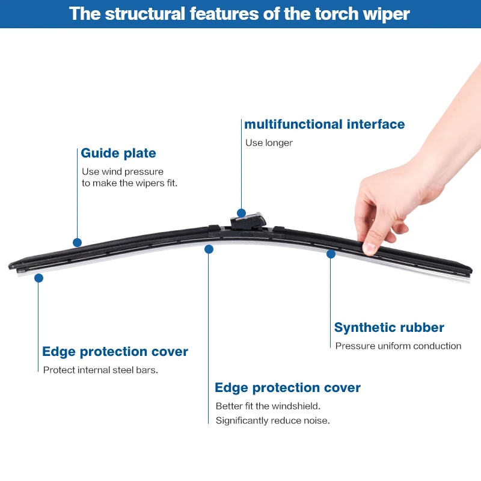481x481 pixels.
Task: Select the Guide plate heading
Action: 118,153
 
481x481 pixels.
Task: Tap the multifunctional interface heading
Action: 324,124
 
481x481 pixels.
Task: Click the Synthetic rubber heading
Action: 389,328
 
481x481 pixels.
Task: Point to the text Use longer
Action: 269,143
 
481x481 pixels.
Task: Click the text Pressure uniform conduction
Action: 398,346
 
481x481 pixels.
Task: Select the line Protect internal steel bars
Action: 100,370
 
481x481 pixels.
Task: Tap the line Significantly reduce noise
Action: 272,420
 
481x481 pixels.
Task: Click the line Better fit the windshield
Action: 268,406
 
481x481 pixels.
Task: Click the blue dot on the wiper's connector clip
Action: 241,213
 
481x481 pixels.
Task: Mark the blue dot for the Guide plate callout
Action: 77,242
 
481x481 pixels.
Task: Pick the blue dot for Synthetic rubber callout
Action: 331,254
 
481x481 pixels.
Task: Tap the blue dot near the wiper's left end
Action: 38,278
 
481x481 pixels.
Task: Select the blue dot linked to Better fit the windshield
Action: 209,249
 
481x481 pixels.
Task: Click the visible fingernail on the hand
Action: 370,247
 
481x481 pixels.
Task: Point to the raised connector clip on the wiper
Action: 248,221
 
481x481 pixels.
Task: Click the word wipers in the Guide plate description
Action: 142,183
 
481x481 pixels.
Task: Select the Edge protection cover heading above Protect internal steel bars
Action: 115,352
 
